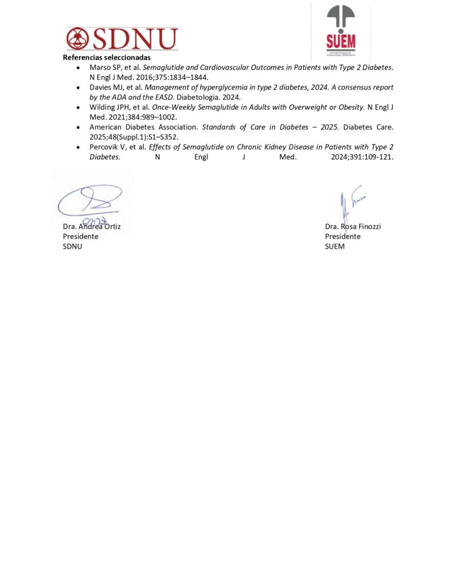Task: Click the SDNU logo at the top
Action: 122,38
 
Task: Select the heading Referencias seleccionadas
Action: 107,58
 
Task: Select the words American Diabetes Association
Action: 143,127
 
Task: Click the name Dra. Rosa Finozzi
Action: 353,226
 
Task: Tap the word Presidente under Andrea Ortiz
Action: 80,236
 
